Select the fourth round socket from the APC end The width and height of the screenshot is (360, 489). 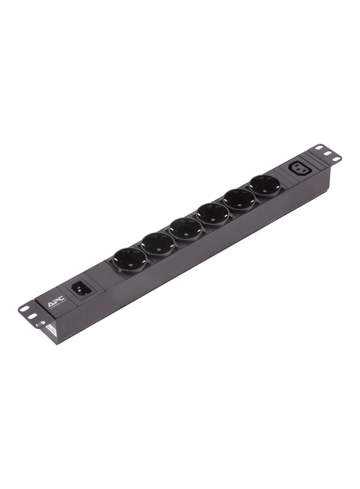pos(210,213)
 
